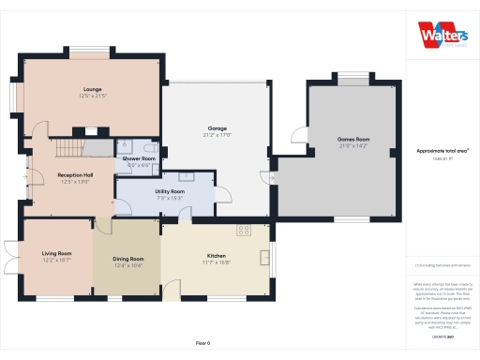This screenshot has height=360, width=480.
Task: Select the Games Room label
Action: [352, 139]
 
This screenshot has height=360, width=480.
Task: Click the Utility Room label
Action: [170, 191]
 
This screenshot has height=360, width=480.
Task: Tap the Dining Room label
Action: [128, 258]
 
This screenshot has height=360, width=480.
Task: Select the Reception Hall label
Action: [74, 174]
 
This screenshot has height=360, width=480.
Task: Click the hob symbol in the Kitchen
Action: [245, 229]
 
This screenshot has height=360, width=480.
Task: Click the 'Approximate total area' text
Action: [442, 150]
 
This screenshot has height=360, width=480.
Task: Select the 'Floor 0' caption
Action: [203, 343]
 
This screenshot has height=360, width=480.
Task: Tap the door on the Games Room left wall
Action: [296, 137]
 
